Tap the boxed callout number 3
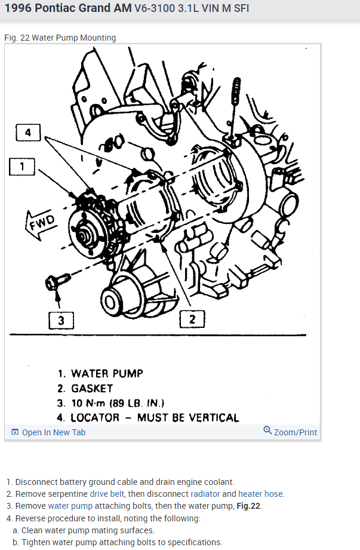pos(60,321)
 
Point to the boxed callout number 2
pos(192,319)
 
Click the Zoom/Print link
pos(291,432)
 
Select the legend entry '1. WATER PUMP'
pos(100,373)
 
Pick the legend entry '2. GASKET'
pos(85,388)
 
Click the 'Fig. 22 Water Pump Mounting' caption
pos(60,38)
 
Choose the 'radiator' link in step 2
pos(205,494)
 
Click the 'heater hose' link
pos(260,494)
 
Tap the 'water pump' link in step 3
pos(69,506)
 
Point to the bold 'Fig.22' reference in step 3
pos(249,506)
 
